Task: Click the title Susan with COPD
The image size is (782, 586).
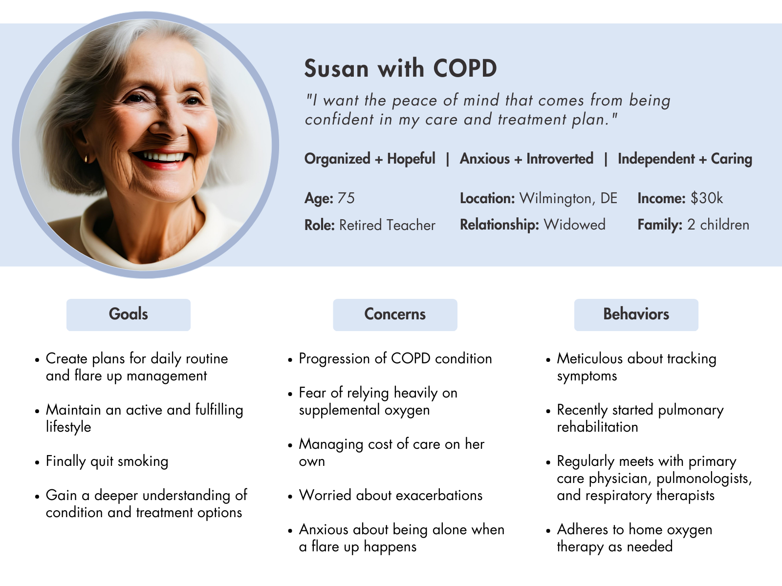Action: pos(400,68)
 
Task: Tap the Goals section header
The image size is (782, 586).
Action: pos(128,314)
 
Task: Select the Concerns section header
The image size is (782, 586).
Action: pos(395,314)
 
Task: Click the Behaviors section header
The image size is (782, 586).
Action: pos(636,314)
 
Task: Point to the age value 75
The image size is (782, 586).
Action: pos(346,198)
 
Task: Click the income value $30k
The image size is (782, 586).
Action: pos(706,198)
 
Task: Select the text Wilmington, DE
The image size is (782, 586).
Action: pos(568,199)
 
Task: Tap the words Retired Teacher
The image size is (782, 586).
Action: pos(387,225)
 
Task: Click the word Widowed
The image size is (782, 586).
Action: pos(574,225)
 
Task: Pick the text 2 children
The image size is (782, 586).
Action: pos(718,225)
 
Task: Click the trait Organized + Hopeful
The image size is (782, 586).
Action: pos(370,159)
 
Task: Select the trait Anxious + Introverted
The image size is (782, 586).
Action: pos(526,159)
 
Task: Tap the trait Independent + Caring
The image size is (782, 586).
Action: pos(685,159)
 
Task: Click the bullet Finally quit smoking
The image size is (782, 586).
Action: pos(107,461)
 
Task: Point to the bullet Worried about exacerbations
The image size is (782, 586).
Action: pos(391,495)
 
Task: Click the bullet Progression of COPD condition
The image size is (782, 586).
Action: pos(395,358)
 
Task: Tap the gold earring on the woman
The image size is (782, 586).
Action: pos(87,158)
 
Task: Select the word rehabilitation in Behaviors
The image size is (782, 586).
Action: pos(597,427)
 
